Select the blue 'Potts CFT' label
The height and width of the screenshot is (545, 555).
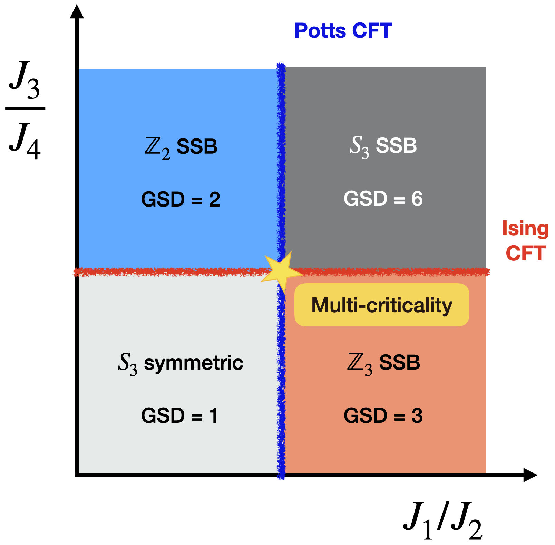coord(343,31)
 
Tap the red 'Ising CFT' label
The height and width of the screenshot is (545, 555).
coord(525,241)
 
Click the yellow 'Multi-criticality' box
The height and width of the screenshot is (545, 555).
coord(382,305)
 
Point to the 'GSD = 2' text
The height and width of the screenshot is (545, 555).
coord(181,200)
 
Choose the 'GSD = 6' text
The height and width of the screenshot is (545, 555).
coord(383,199)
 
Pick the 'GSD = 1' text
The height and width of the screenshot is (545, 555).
coord(179,415)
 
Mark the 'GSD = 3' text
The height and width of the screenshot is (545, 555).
coord(383,415)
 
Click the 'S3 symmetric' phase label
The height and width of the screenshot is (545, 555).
coord(181,363)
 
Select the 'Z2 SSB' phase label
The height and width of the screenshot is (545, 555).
coord(181,147)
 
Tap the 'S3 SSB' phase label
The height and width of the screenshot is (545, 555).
coord(383,146)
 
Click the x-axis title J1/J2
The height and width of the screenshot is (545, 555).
coord(442,520)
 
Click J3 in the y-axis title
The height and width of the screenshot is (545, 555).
coord(25,79)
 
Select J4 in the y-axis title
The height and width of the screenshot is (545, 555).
coord(25,142)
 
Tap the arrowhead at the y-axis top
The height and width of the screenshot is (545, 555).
coord(77,12)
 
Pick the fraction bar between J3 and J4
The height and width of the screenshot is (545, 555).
coord(25,108)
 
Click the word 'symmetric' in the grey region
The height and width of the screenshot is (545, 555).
coord(193,363)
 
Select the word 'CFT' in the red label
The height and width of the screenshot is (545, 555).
coord(525,253)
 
